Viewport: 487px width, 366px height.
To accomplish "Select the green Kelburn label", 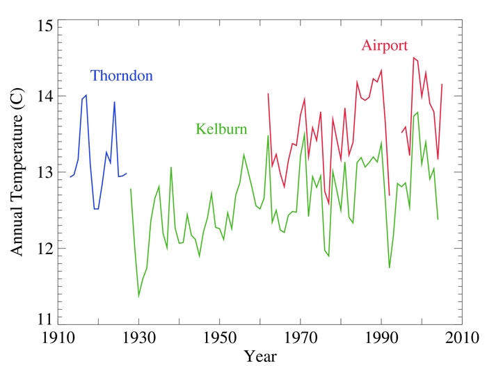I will [x=221, y=128].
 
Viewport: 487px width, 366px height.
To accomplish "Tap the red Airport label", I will [x=385, y=46].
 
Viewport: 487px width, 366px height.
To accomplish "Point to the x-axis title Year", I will [x=261, y=356].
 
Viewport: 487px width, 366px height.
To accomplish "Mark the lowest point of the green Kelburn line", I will [x=139, y=297].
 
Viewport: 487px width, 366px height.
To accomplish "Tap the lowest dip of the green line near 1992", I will [x=390, y=267].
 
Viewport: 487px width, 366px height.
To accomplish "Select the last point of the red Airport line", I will [x=442, y=84].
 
